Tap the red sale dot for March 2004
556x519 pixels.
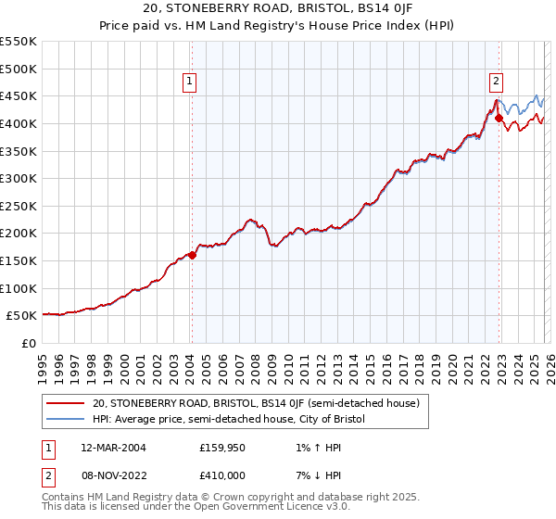coord(192,255)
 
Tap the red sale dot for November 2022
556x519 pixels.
coord(499,119)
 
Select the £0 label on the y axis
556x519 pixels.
coord(28,344)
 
